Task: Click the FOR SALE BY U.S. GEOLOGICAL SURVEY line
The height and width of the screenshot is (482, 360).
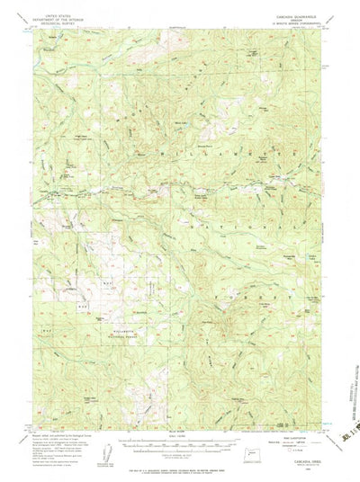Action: tap(180, 461)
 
